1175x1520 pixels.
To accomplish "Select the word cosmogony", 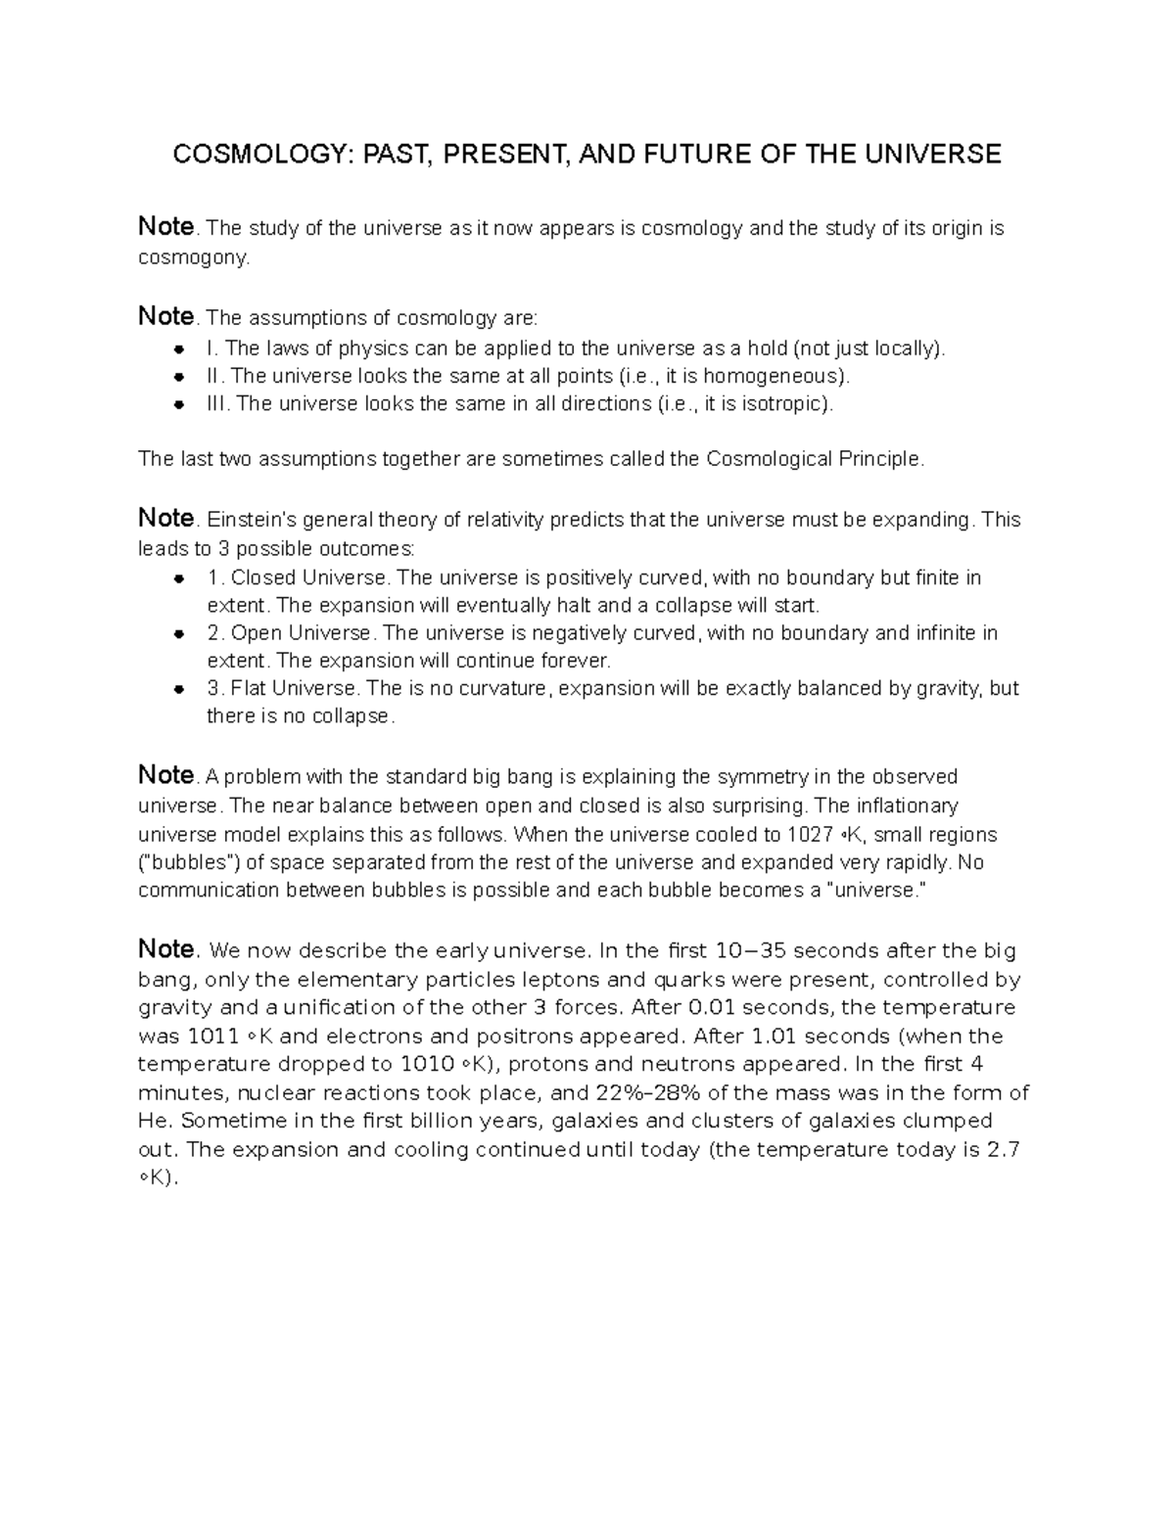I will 193,257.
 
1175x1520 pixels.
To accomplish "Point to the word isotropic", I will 782,403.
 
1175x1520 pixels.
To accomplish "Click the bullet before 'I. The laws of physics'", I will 179,348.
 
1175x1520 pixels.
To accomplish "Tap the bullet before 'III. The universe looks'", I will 179,403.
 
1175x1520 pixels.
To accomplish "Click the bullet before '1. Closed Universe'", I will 179,577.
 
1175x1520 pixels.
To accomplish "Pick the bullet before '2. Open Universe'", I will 179,633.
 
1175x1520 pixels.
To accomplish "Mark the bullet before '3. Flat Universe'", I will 179,688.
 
